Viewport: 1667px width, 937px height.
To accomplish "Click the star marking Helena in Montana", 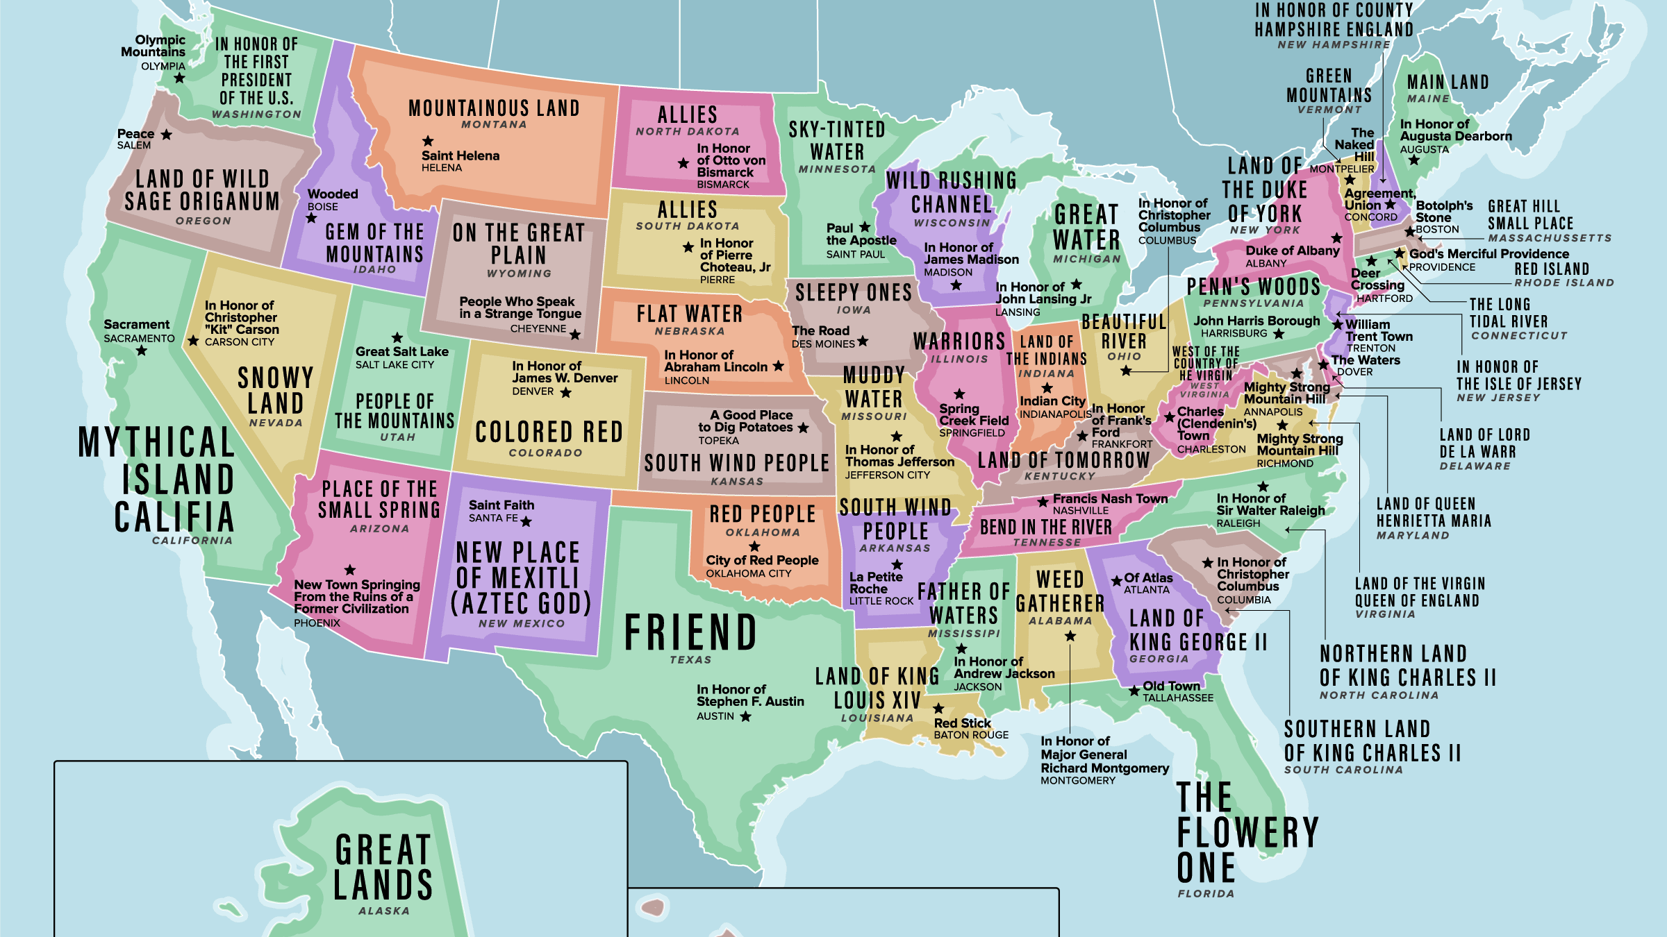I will coord(428,141).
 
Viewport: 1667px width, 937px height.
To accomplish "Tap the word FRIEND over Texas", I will coord(690,632).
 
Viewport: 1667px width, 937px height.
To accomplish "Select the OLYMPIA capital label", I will coord(163,67).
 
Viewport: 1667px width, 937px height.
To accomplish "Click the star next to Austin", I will coord(745,716).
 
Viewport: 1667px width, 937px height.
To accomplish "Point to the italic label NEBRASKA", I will coord(690,332).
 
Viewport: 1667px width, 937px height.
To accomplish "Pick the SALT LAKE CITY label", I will coord(395,365).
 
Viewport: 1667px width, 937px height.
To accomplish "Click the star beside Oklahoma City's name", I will coord(754,546).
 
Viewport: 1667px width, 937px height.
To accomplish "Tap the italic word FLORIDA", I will coord(1206,894).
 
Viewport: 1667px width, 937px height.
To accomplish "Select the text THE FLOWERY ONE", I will coord(1247,832).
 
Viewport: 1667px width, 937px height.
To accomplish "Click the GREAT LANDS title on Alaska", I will coord(383,868).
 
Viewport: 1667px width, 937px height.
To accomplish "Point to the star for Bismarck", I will coord(683,163).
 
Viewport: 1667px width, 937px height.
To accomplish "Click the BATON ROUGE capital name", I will coord(971,735).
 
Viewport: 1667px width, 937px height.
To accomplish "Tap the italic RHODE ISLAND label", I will coord(1564,283).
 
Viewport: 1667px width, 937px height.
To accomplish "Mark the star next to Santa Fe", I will coord(526,521).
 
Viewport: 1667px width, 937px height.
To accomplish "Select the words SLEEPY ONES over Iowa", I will coord(853,293).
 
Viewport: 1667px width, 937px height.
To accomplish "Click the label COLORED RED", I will coord(549,432).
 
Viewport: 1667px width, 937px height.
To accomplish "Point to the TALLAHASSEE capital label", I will coord(1178,698).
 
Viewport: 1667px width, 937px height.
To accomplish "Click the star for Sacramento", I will coord(142,351).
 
